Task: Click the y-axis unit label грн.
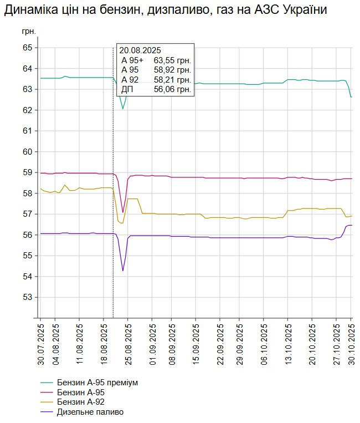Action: click(29, 32)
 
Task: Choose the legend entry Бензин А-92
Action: click(81, 402)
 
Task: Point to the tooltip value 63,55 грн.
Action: click(172, 60)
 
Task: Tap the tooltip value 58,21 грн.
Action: click(172, 79)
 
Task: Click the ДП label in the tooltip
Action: click(127, 89)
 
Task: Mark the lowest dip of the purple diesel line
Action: click(123, 271)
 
